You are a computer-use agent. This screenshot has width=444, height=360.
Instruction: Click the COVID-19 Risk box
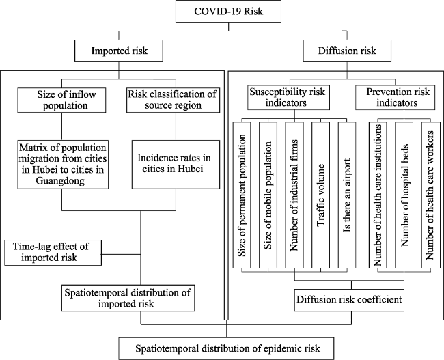[228, 12]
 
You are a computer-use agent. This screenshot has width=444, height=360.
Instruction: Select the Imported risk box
[119, 51]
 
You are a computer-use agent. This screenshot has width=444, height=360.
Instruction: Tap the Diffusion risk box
[347, 51]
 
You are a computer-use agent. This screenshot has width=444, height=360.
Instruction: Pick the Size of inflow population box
[61, 100]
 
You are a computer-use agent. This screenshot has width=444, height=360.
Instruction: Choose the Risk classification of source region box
[173, 100]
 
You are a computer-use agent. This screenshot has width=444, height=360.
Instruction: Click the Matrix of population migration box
[63, 164]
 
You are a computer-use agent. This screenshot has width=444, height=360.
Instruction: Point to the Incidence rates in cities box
[176, 164]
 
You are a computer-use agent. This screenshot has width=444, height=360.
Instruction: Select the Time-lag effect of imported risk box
[53, 253]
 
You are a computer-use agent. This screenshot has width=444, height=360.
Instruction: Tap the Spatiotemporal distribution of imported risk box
[128, 299]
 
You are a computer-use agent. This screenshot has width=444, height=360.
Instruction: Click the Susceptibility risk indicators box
[288, 97]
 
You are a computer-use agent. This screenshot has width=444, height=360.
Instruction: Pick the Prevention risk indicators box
[396, 97]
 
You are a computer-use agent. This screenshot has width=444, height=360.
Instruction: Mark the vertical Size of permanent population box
[242, 195]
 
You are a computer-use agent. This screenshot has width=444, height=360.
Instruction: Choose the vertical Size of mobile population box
[268, 195]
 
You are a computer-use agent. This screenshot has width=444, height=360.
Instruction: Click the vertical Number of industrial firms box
[294, 195]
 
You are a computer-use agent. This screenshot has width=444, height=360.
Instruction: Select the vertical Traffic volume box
[320, 195]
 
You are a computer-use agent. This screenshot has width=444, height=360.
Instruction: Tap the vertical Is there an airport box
[347, 195]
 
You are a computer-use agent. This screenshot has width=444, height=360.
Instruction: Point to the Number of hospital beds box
[404, 195]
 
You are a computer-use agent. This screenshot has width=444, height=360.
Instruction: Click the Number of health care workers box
[431, 195]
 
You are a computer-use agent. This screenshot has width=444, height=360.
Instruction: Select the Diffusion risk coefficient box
[349, 300]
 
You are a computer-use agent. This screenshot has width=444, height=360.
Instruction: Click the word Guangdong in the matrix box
[60, 181]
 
